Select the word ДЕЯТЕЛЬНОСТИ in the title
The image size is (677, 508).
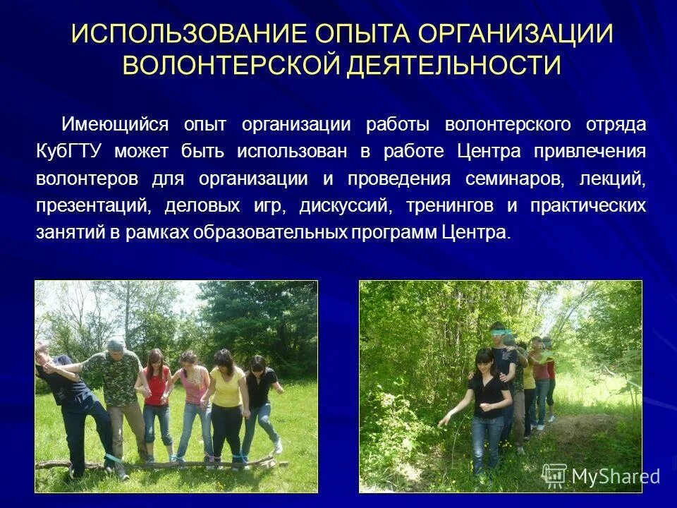pos(453,66)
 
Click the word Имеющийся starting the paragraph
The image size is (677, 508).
pos(115,125)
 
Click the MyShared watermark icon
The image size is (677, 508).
pos(554,475)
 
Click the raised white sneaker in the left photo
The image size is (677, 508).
pos(278,445)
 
